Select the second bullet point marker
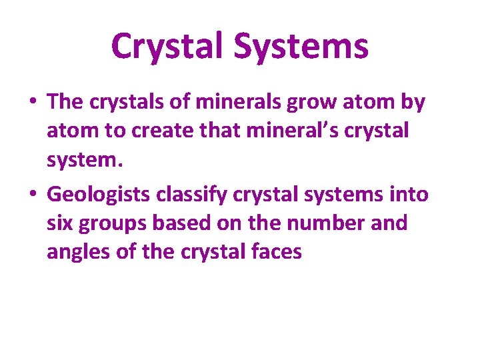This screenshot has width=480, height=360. point(33,195)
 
